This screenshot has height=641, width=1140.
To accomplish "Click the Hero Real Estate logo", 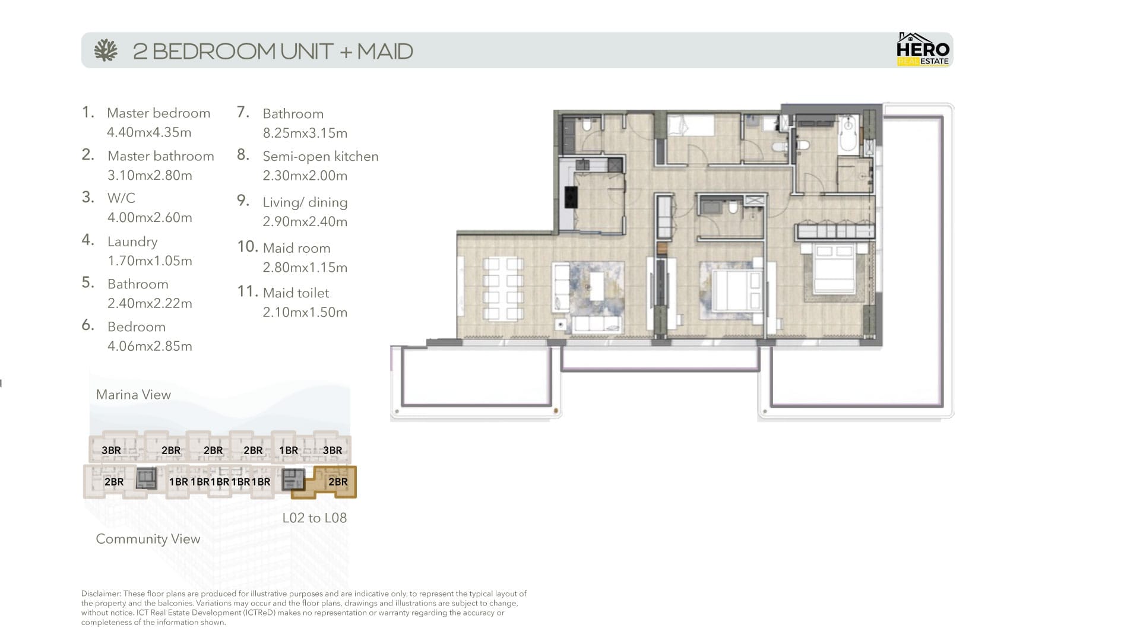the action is [x=923, y=49].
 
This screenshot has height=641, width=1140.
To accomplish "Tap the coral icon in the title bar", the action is [x=106, y=50].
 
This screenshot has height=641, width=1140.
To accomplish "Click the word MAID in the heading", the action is [x=385, y=51].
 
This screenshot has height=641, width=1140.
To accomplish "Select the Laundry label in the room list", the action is [x=132, y=242].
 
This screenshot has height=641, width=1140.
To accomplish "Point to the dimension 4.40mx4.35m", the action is [x=149, y=132].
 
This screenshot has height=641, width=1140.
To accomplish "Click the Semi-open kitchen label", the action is [x=321, y=157].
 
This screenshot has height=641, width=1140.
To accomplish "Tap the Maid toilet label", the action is [x=296, y=293].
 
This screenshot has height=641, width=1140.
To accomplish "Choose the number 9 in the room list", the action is [x=243, y=201].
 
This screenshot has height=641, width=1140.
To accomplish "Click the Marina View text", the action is [x=134, y=395].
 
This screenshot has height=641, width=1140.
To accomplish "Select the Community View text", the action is [x=148, y=539].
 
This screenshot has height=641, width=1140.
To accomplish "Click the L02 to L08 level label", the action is [x=315, y=518].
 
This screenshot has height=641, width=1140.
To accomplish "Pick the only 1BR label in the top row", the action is [x=289, y=450].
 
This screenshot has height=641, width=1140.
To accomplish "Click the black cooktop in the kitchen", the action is [x=571, y=197].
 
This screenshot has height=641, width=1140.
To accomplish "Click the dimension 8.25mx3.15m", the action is [x=305, y=133].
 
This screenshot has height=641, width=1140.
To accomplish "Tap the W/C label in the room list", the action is [x=121, y=198].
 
